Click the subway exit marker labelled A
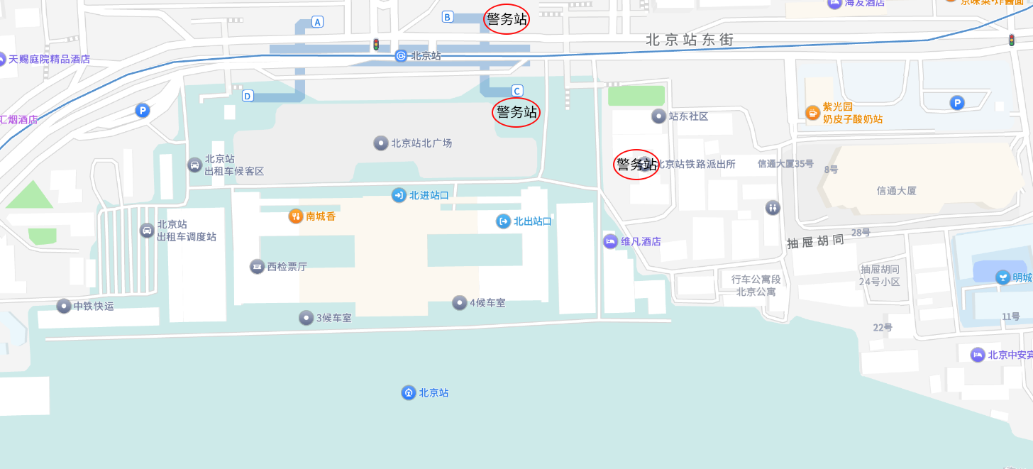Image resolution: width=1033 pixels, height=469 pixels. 317,22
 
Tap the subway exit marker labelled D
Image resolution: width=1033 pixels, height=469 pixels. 248,96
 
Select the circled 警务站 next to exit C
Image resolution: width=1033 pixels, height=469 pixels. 516,112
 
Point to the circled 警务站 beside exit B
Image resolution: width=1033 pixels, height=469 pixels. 507,19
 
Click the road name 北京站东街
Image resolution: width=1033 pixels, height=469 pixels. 689,40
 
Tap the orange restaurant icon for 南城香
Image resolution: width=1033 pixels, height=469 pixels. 296,216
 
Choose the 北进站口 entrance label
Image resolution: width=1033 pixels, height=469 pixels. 429,195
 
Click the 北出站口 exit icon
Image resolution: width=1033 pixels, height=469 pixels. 503,221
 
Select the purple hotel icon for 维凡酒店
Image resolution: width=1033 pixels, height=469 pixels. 610,241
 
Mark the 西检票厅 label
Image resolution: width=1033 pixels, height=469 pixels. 287,267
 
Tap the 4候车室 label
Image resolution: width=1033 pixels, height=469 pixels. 487,303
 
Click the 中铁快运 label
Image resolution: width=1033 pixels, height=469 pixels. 93,307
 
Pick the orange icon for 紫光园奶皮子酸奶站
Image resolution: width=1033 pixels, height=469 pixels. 812,112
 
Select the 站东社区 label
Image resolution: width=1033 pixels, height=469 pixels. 688,116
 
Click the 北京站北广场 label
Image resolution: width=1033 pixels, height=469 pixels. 421,143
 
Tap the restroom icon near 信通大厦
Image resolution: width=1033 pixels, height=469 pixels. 773,208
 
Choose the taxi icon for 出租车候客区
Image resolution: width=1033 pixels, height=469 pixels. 194,165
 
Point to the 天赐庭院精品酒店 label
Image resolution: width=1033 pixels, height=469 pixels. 49,59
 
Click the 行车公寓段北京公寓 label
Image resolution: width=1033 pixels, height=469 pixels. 756,285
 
